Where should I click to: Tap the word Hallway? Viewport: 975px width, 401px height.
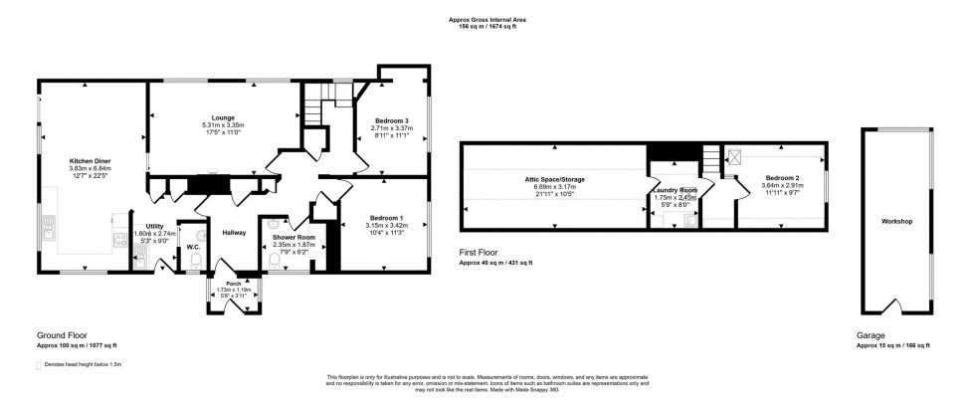click(233, 232)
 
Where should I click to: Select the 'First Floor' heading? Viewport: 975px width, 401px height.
click(480, 254)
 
